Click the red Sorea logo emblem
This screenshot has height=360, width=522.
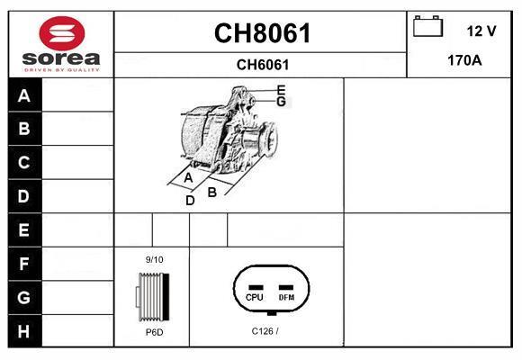pyautogui.click(x=62, y=33)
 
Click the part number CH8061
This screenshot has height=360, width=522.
pyautogui.click(x=262, y=33)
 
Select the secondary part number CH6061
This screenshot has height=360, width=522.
pyautogui.click(x=263, y=65)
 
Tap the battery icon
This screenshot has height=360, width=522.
pyautogui.click(x=427, y=26)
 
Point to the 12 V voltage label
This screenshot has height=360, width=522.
pyautogui.click(x=481, y=31)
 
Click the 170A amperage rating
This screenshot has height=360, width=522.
pyautogui.click(x=464, y=60)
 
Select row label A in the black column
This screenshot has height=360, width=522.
pyautogui.click(x=24, y=96)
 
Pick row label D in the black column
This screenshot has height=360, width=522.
pyautogui.click(x=23, y=196)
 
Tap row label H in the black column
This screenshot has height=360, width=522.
pyautogui.click(x=23, y=331)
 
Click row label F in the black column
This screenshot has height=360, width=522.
pyautogui.click(x=24, y=264)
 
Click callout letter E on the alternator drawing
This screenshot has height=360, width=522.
pyautogui.click(x=282, y=90)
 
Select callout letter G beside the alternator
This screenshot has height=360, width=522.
pyautogui.click(x=282, y=101)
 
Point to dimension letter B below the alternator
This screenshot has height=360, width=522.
pyautogui.click(x=212, y=193)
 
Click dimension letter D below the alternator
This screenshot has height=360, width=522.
pyautogui.click(x=190, y=201)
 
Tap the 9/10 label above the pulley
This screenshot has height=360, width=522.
pyautogui.click(x=154, y=259)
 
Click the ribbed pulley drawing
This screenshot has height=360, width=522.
pyautogui.click(x=153, y=297)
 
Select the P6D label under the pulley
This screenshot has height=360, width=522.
pyautogui.click(x=155, y=332)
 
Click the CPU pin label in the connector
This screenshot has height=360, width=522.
pyautogui.click(x=255, y=297)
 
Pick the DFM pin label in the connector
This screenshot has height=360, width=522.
pyautogui.click(x=286, y=297)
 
